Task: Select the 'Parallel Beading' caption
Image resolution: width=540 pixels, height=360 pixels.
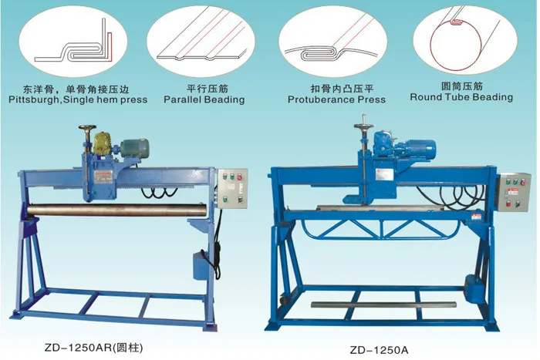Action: [x=204, y=99]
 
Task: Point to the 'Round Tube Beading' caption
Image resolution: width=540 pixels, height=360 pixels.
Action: [x=461, y=97]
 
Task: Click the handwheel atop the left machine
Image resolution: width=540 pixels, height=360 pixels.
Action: [x=86, y=130]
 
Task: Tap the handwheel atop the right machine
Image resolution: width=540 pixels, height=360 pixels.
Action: [x=363, y=122]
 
